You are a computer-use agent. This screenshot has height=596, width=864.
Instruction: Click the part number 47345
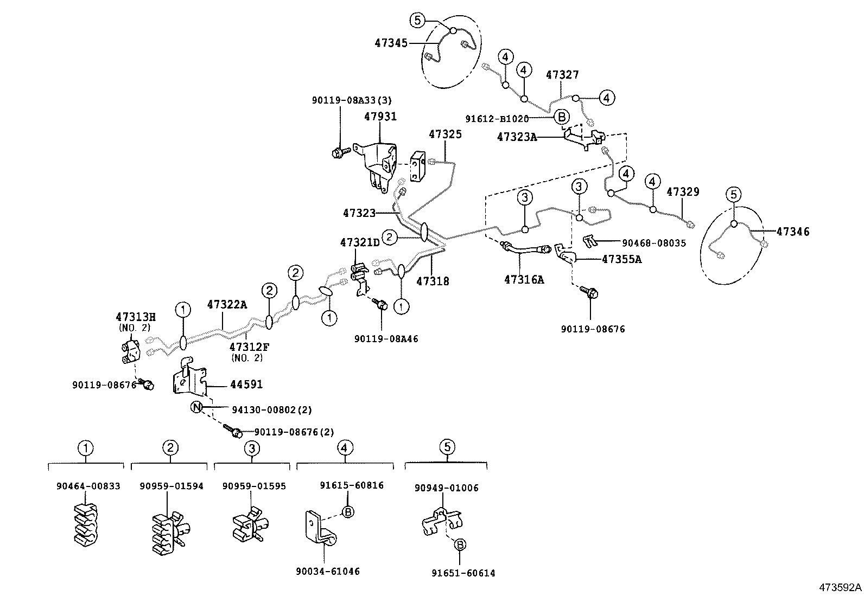pyautogui.click(x=391, y=42)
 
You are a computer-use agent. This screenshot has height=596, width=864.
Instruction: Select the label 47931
pyautogui.click(x=380, y=117)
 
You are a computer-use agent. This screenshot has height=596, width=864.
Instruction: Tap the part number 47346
pyautogui.click(x=792, y=232)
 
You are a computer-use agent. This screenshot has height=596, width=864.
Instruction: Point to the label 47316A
pyautogui.click(x=524, y=279)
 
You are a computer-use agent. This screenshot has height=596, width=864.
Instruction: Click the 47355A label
pyautogui.click(x=621, y=259)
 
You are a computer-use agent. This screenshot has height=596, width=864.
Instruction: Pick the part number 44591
pyautogui.click(x=246, y=384)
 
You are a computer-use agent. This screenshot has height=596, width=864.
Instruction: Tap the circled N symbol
pyautogui.click(x=196, y=407)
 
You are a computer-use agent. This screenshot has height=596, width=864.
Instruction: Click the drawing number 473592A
pyautogui.click(x=840, y=587)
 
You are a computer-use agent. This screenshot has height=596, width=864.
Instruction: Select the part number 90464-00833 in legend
pyautogui.click(x=88, y=486)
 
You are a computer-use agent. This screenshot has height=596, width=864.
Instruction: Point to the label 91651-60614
pyautogui.click(x=463, y=573)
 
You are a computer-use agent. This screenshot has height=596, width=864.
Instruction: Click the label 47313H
pyautogui.click(x=135, y=317)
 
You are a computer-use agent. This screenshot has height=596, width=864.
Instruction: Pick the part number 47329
pyautogui.click(x=683, y=192)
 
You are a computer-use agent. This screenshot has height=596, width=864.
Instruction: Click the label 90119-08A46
pyautogui.click(x=386, y=338)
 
